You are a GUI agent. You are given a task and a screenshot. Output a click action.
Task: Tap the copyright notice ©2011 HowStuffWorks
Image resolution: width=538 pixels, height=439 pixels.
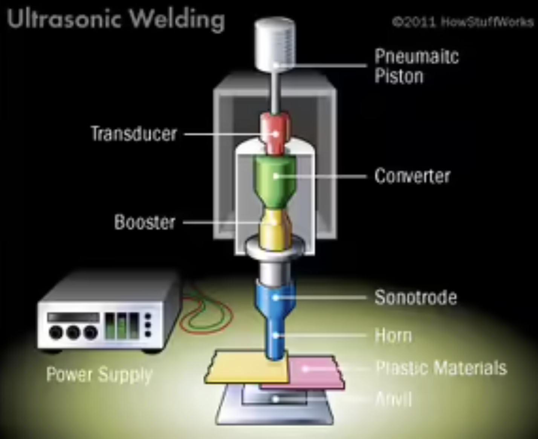(x=463, y=22)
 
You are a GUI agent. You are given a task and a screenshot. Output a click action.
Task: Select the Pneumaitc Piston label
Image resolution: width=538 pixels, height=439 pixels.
(x=416, y=66)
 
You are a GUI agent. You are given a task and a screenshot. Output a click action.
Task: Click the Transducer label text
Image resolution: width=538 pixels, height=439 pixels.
(x=134, y=134)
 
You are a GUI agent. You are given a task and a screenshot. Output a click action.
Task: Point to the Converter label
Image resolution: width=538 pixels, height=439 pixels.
(x=412, y=176)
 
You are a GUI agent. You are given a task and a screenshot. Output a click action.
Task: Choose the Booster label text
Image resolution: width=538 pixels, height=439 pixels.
(x=145, y=222)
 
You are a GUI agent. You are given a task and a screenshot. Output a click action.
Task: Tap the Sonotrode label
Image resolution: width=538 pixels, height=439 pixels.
(x=416, y=297)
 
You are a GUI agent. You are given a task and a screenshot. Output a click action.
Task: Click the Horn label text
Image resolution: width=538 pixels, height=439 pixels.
(x=393, y=335)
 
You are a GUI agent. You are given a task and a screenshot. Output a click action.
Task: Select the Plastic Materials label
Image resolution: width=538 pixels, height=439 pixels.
(x=441, y=368)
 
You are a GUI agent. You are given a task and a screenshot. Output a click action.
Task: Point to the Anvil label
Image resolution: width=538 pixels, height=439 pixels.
(x=394, y=399)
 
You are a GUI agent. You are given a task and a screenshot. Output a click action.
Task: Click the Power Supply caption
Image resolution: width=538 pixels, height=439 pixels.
(x=99, y=375)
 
